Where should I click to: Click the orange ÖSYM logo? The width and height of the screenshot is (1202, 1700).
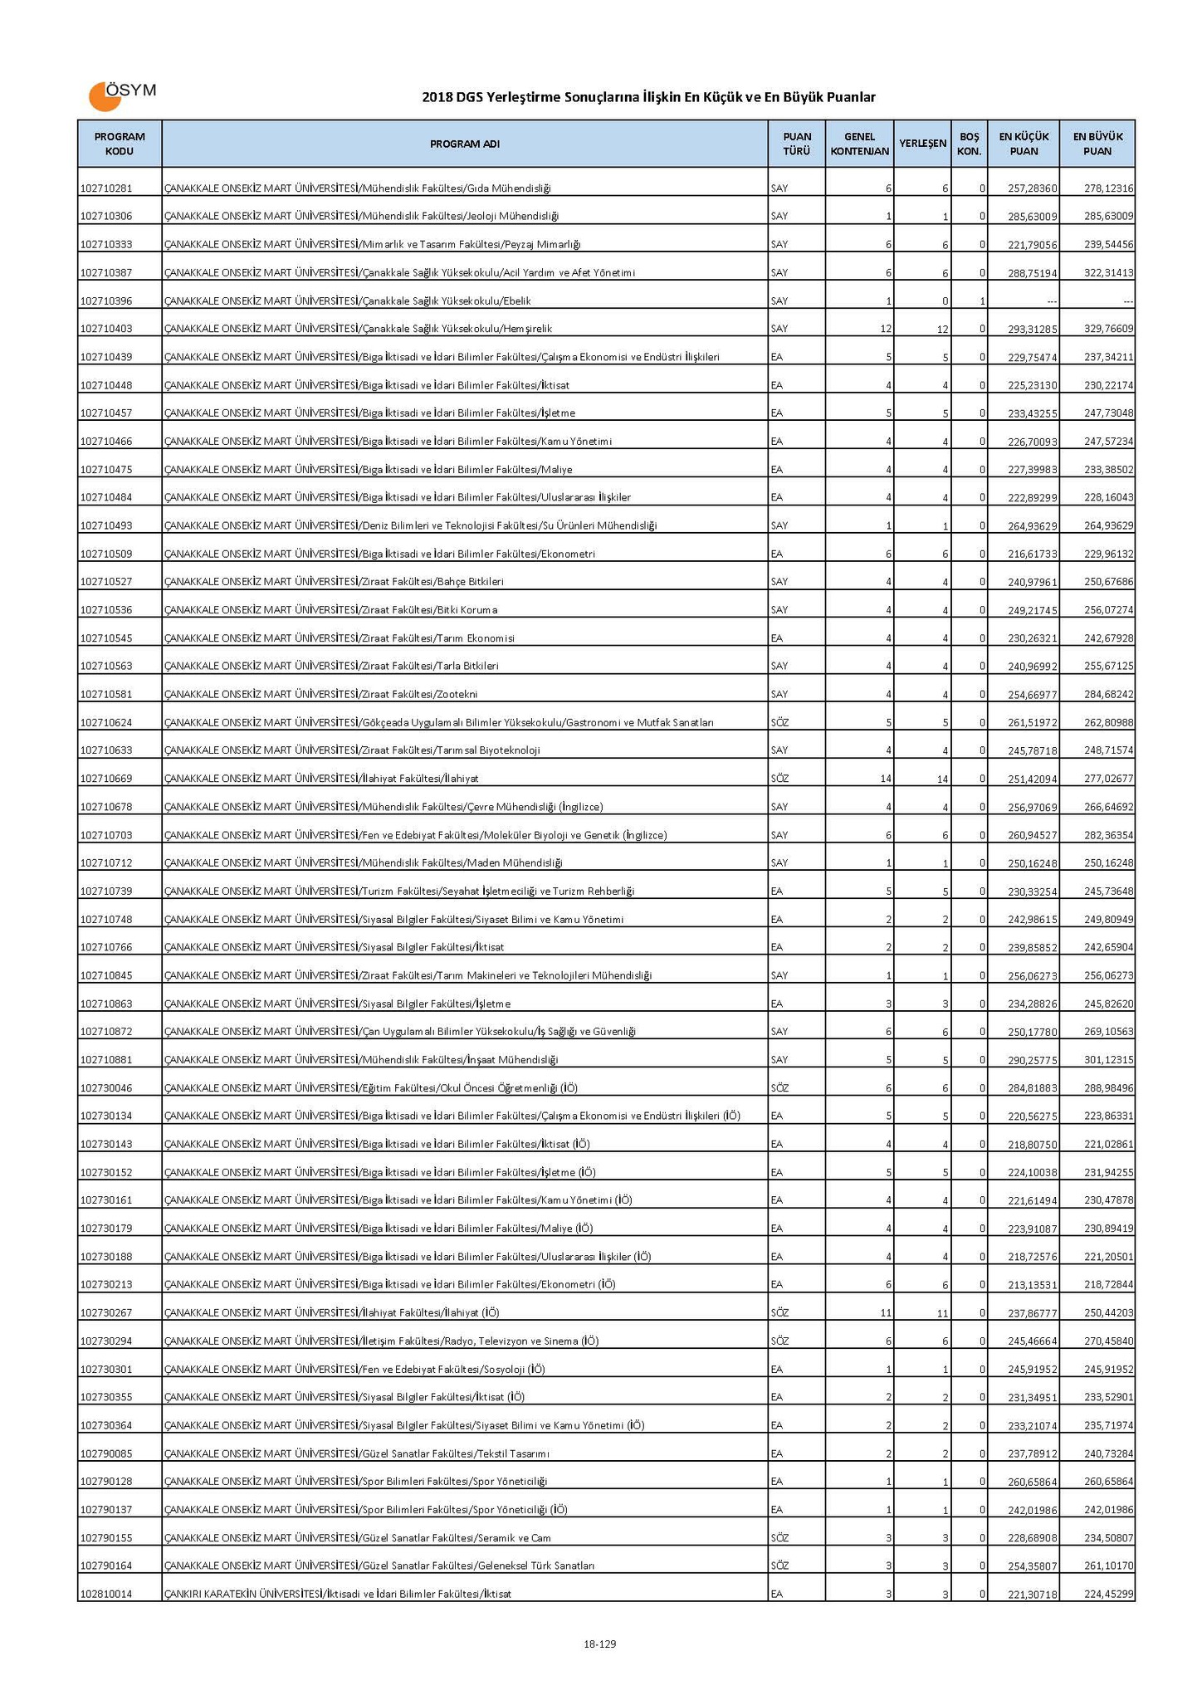coord(121,95)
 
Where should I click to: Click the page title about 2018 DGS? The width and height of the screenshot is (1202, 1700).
coord(648,98)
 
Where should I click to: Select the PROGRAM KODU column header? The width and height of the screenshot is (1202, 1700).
coord(120,144)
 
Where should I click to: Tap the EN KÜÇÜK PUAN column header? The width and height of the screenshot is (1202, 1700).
coord(1024,144)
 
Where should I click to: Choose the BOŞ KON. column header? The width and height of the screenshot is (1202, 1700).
coord(969,144)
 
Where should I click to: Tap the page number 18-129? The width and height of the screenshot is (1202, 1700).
coord(599,1644)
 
